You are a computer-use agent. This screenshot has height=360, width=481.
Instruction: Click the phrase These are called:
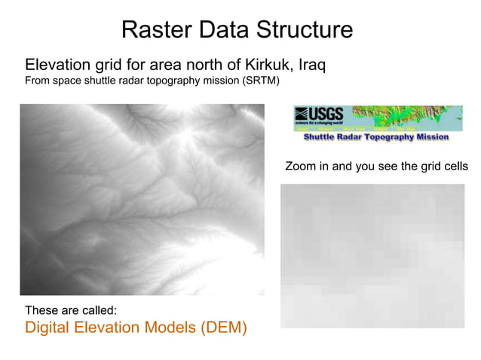click(71, 310)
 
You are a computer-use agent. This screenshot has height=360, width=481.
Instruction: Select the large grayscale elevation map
click(142, 199)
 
